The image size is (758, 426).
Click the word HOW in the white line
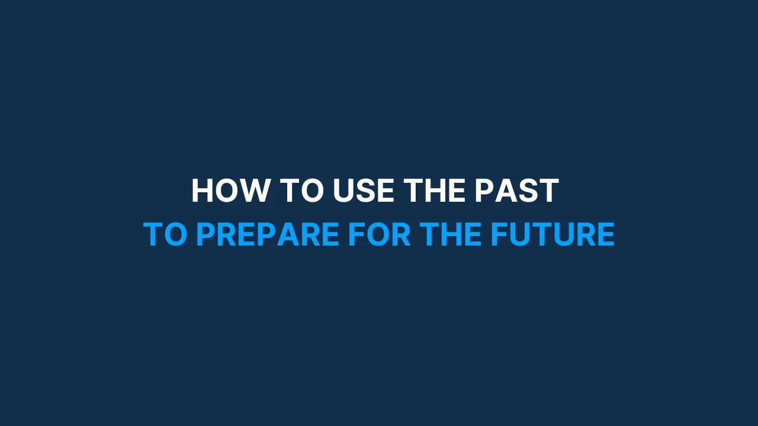(x=230, y=191)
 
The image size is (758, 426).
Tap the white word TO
(x=301, y=191)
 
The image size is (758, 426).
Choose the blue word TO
(x=165, y=235)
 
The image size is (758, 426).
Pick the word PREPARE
(x=267, y=235)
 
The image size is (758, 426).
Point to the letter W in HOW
(x=255, y=191)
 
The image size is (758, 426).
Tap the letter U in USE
(x=344, y=191)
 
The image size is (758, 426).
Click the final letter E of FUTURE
(x=605, y=235)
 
